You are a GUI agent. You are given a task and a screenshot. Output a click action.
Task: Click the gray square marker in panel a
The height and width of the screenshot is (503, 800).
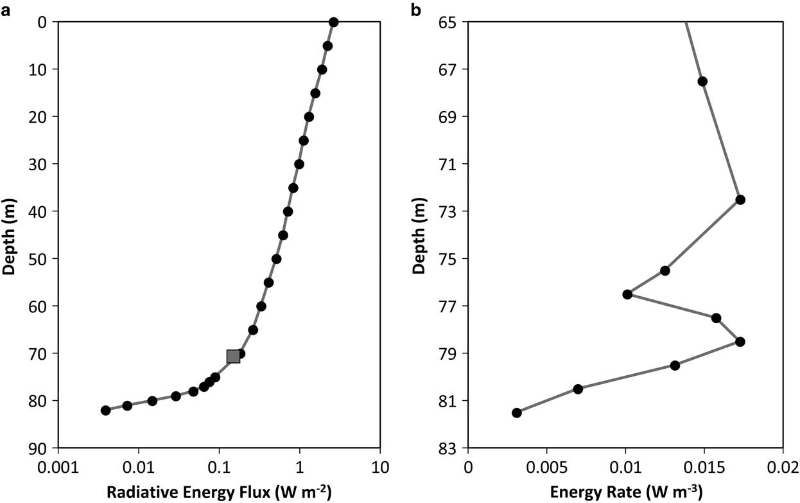click(x=233, y=357)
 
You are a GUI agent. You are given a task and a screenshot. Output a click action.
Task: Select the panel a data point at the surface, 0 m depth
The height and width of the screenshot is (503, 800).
click(x=333, y=22)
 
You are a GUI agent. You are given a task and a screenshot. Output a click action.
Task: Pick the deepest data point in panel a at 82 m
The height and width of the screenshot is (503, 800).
click(x=106, y=410)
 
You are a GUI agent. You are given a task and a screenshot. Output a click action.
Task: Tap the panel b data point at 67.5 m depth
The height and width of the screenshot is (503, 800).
click(x=702, y=81)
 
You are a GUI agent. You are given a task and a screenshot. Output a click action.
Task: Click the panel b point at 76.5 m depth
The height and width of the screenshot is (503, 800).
click(x=627, y=294)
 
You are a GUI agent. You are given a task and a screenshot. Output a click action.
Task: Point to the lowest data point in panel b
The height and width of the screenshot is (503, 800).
click(x=516, y=412)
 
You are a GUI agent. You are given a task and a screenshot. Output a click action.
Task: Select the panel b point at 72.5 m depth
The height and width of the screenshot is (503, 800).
click(x=740, y=200)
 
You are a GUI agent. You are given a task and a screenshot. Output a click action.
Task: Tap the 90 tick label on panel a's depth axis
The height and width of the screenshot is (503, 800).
click(x=40, y=448)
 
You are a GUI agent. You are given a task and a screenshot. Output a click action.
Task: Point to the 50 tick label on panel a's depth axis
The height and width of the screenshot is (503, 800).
click(x=40, y=259)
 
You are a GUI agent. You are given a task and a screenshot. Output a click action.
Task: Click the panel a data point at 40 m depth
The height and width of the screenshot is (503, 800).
click(x=288, y=211)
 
